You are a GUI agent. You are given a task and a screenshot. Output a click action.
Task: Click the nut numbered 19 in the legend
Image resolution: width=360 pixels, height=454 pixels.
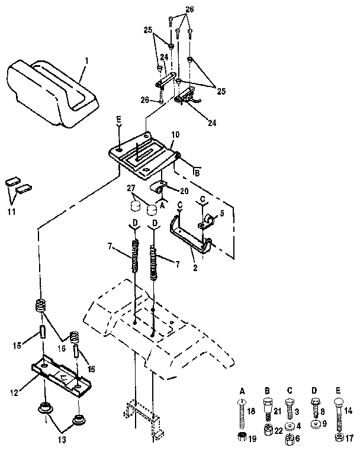click(242, 438)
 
